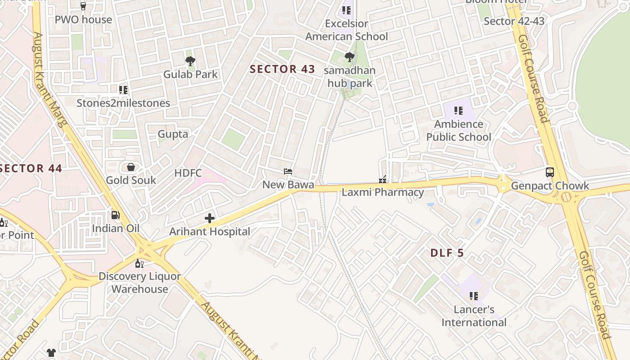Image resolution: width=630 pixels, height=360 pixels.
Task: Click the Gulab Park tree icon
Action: pos(190,61)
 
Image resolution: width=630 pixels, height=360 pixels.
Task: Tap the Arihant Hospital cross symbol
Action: pos(210,219)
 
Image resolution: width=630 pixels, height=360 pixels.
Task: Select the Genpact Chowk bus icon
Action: pos(549,172)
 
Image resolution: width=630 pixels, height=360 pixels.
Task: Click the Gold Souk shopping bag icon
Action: pos(130,167)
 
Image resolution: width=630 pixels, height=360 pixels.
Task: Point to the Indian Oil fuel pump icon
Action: pos(116,216)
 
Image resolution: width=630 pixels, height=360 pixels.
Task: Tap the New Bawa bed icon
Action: pos(288,171)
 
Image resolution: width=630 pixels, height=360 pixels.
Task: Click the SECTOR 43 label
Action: pos(282,69)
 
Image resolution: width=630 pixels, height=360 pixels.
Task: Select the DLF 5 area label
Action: pos(447,253)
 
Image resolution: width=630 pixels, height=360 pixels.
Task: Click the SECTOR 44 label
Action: pos(31,169)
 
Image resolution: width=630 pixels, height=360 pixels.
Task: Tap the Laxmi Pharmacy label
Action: pos(382,193)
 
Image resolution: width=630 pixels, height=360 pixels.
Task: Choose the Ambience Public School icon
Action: pos(459,111)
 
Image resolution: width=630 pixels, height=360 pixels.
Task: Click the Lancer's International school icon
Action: pos(474,296)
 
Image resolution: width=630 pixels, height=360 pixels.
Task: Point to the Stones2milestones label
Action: pos(123,103)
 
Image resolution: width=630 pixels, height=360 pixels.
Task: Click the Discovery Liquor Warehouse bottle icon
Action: pos(139,263)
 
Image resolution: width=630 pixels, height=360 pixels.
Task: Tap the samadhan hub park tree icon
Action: pos(349,57)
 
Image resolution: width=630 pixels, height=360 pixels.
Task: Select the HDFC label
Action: pos(188,173)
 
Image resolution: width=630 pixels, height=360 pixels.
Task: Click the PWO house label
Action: pos(83,20)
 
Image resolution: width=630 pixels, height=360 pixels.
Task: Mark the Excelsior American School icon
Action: pos(346,10)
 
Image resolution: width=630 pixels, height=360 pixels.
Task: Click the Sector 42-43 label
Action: pos(514,21)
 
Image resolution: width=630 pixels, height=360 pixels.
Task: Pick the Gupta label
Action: pos(173,134)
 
